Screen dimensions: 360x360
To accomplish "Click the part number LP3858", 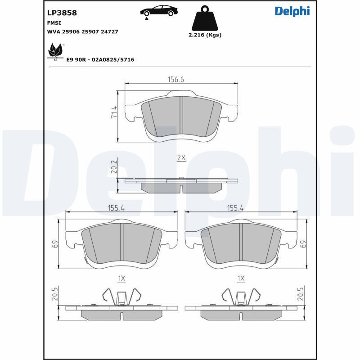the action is [x=62, y=13].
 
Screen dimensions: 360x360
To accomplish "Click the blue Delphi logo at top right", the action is [x=292, y=11].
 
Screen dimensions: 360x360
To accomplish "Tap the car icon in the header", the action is [x=159, y=12].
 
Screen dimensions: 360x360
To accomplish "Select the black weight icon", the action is [x=205, y=18].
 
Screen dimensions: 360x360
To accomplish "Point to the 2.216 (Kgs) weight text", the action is [x=205, y=35].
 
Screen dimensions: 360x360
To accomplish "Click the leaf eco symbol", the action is [x=55, y=52].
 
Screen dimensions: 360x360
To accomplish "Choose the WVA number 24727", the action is [x=109, y=31].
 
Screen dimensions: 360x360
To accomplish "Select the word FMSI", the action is [x=54, y=23].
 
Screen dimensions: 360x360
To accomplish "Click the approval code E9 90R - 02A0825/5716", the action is [x=100, y=60].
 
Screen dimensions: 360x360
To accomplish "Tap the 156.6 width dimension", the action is [x=176, y=80].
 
